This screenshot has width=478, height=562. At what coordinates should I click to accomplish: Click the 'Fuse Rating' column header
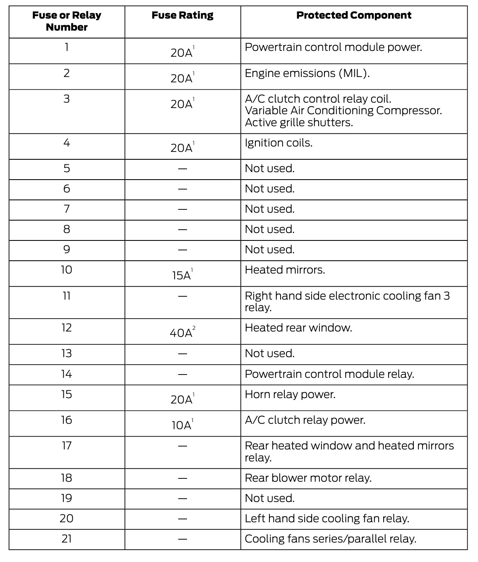tap(183, 16)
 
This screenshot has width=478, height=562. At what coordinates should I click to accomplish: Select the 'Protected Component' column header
tap(354, 16)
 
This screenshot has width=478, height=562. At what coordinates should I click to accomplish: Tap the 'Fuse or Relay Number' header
tap(67, 22)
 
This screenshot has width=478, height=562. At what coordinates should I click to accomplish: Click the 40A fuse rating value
tap(181, 333)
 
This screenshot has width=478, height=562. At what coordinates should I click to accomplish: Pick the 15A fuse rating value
tap(182, 276)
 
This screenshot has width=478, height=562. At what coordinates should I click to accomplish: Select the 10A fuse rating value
tap(182, 425)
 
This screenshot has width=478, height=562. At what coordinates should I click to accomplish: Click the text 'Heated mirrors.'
tap(285, 270)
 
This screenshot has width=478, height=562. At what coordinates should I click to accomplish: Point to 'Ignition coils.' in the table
tap(279, 143)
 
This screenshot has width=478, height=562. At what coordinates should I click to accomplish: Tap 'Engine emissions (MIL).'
tap(307, 74)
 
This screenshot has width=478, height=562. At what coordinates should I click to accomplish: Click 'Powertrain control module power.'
tap(333, 48)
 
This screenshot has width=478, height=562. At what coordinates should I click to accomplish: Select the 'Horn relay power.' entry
tap(290, 394)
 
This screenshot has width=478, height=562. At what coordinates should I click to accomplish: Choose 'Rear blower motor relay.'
tap(308, 478)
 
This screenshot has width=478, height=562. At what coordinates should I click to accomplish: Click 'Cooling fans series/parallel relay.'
tap(330, 539)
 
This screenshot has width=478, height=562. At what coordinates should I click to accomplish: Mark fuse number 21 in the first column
tap(67, 539)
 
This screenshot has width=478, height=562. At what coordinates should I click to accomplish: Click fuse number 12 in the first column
tap(67, 328)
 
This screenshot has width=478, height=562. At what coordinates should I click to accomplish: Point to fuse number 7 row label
tap(67, 209)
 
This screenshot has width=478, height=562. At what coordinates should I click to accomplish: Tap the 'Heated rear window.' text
tap(298, 328)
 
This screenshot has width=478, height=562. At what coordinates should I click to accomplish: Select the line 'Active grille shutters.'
tap(299, 123)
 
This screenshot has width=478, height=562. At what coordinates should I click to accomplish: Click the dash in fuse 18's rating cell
tap(183, 478)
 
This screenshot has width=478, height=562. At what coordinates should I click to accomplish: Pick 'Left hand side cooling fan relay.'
tap(327, 519)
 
